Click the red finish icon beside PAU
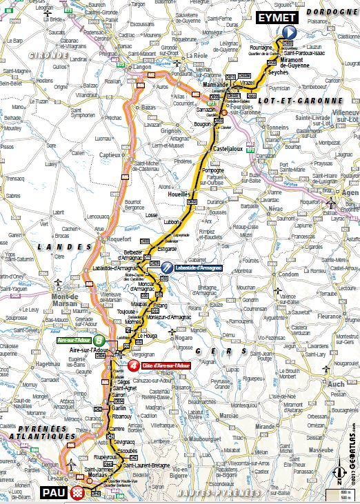[x=78, y=492]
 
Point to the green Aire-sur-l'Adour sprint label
[x=74, y=340]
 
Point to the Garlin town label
[x=118, y=407]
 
